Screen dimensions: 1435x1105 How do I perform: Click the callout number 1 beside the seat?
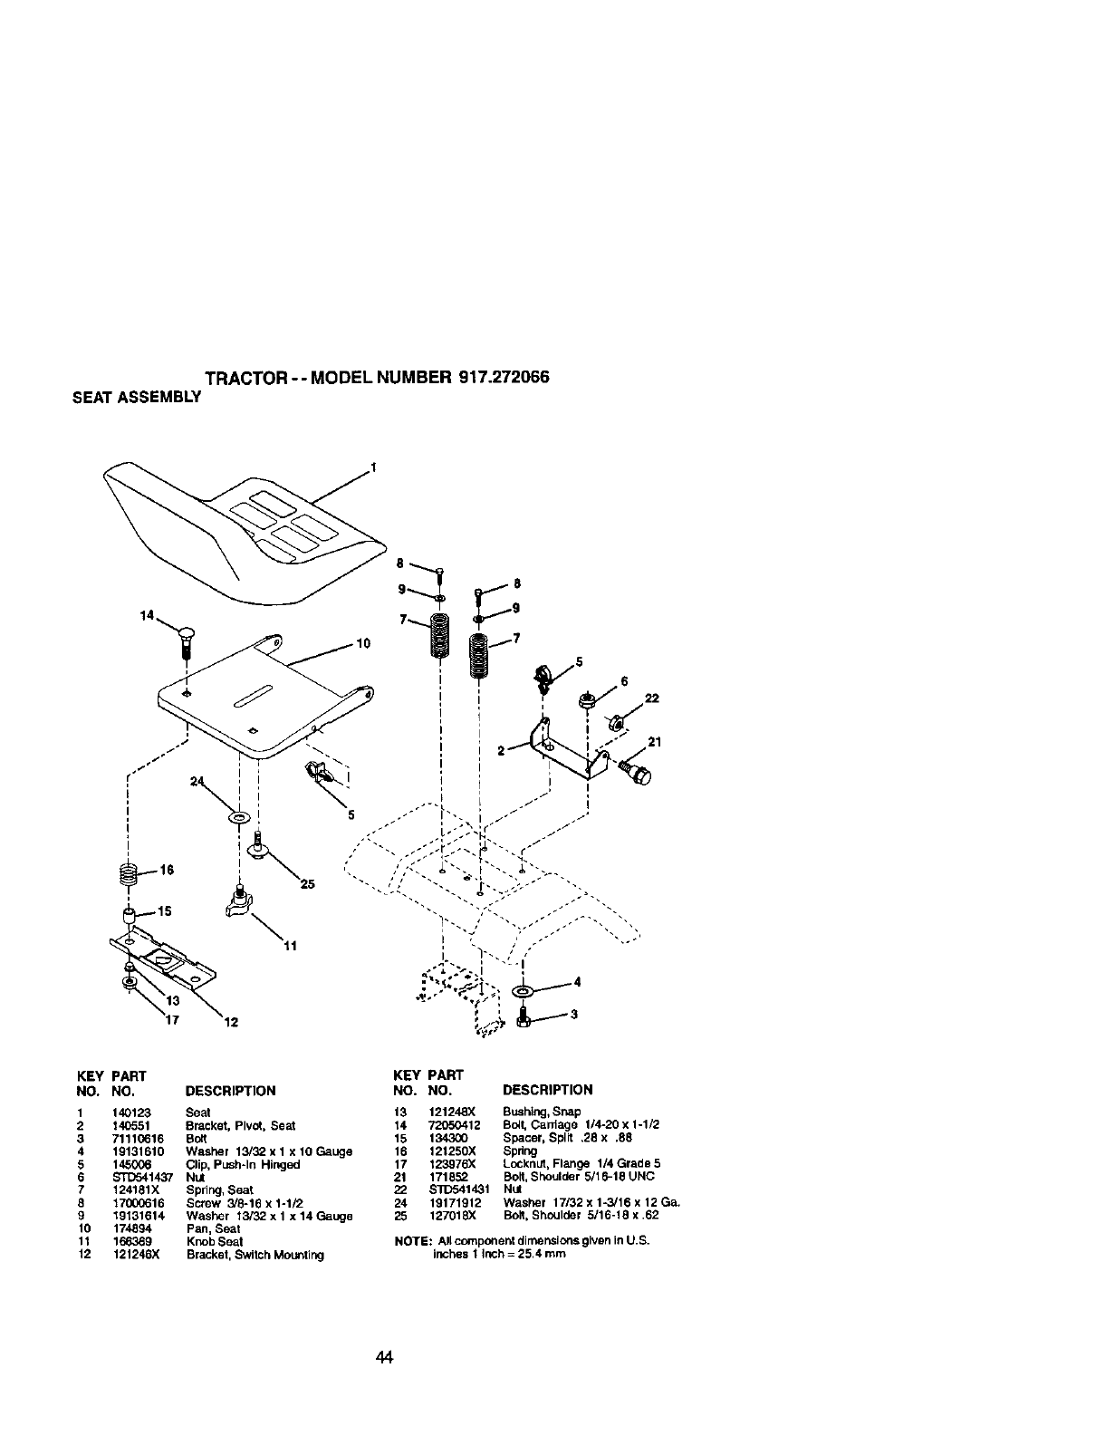[x=372, y=468]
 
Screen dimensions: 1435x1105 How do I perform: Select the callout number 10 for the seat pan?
[x=363, y=644]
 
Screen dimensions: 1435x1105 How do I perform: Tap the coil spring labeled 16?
[x=130, y=873]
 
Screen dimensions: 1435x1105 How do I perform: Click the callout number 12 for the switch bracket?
[x=231, y=1024]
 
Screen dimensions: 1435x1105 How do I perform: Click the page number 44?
[x=385, y=1357]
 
